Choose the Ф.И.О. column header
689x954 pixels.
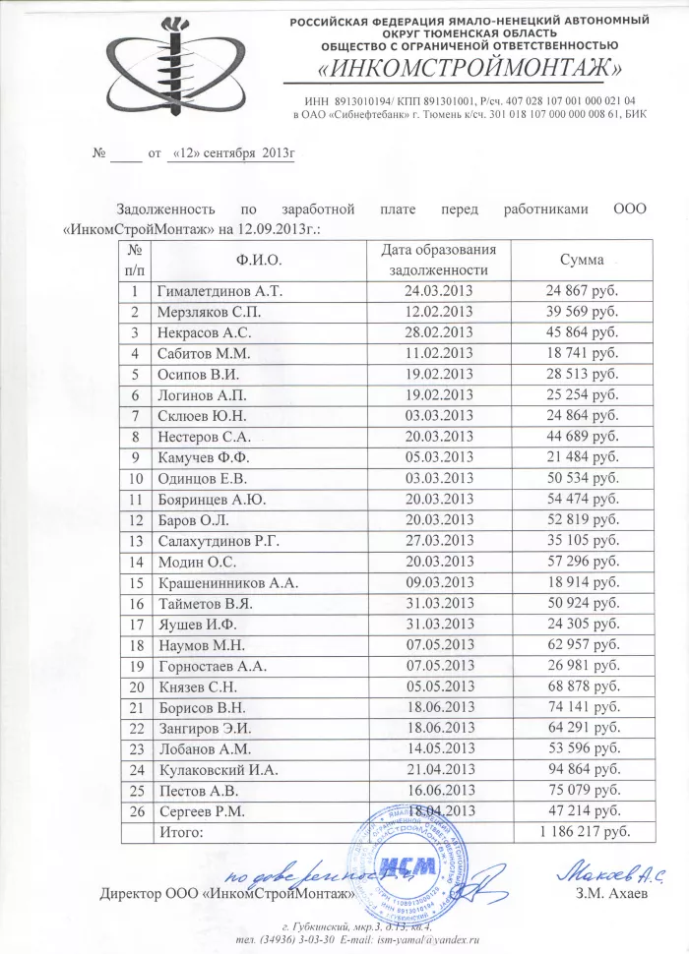[260, 260]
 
